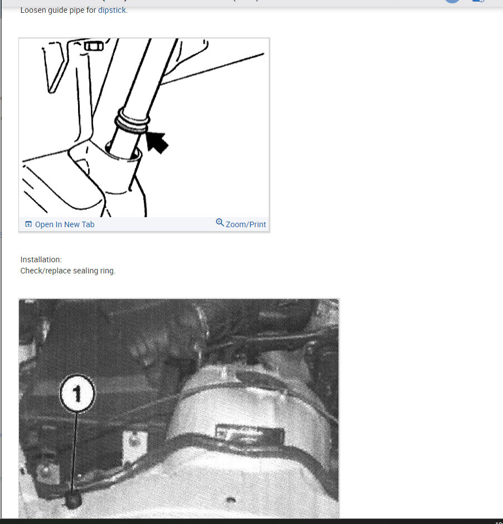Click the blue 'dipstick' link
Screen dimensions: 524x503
click(112, 10)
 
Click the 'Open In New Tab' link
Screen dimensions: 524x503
click(65, 224)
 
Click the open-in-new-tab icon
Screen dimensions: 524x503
click(28, 224)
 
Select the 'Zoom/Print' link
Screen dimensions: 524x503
click(246, 224)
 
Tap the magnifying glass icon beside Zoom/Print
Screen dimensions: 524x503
click(220, 223)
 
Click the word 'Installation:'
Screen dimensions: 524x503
click(41, 259)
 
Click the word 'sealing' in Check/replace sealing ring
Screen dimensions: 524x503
click(85, 271)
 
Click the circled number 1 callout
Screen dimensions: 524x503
click(77, 394)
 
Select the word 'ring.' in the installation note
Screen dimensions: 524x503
click(107, 271)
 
